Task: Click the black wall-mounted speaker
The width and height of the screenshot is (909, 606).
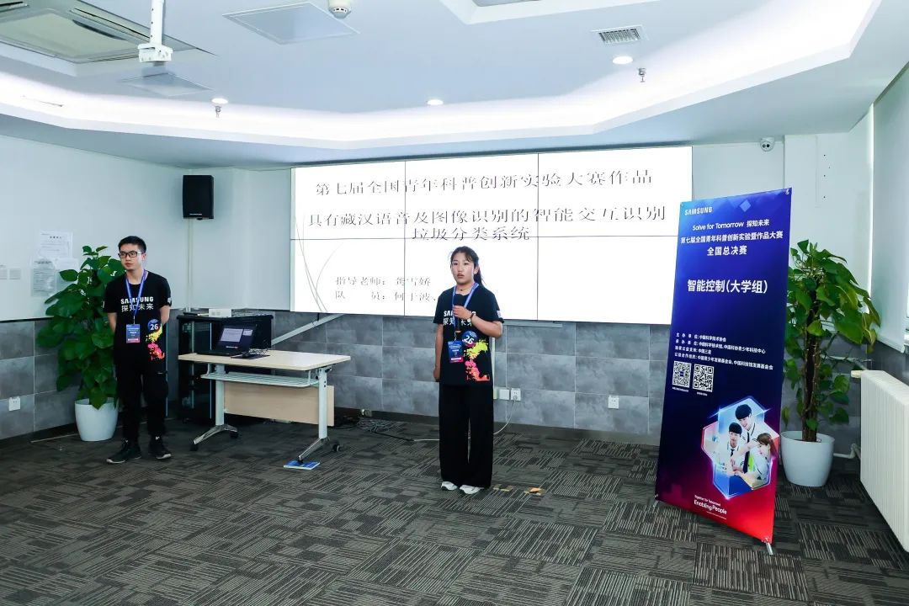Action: coord(198,197)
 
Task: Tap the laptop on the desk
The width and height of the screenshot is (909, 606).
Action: coord(233,339)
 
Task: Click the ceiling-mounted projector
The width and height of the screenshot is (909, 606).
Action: coord(155,51)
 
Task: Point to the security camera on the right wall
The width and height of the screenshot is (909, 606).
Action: coord(766,144)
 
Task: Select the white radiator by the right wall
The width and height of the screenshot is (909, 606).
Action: coord(885,455)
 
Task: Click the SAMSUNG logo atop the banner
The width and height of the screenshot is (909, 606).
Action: coord(698,210)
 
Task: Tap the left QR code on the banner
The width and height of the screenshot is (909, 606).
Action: coord(681,374)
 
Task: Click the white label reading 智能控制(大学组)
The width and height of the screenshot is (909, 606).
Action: coord(726,286)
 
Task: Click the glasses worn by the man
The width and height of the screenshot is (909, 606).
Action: coord(130,253)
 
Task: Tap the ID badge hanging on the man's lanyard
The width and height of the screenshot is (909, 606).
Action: coord(133,332)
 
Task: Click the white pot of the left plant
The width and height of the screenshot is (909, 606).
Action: coord(96,419)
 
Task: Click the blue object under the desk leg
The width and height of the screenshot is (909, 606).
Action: coord(301,464)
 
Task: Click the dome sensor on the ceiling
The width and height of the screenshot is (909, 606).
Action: coord(340,8)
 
